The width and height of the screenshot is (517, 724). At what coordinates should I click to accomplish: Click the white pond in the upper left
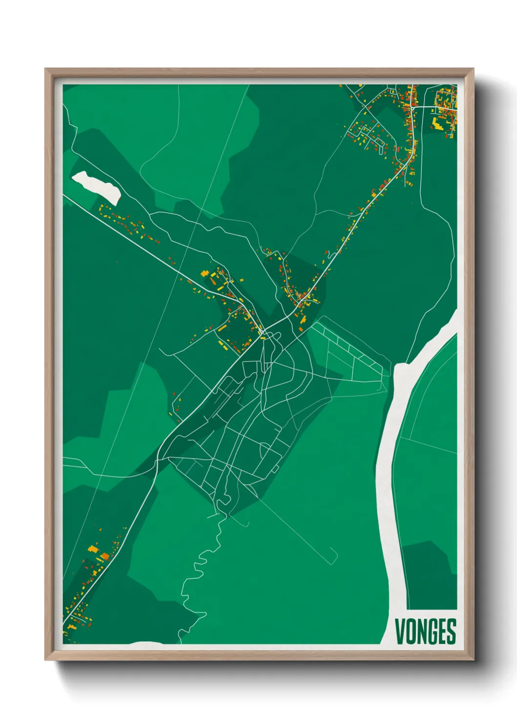coord(97,187)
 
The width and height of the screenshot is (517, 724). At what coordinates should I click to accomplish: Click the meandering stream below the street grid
coord(195,572)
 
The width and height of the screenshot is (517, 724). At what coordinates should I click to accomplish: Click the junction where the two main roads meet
coord(262,333)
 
